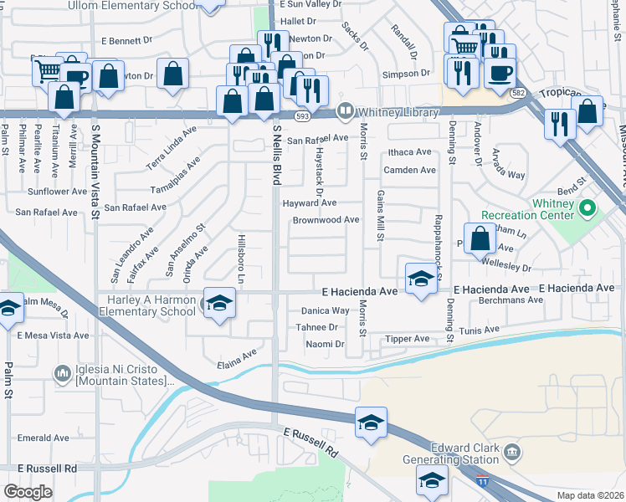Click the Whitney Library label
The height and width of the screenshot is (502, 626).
398,112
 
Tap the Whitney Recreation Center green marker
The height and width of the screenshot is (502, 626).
588,207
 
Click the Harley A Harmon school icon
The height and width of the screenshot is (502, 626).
218,303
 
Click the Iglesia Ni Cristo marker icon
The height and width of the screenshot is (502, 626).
62,372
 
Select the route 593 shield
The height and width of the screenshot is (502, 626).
302,115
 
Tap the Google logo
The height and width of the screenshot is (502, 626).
28,492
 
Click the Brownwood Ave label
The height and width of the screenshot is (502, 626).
326,220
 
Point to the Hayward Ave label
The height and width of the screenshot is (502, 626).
310,202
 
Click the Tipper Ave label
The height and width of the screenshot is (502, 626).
407,339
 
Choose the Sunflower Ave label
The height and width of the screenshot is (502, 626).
58,191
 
